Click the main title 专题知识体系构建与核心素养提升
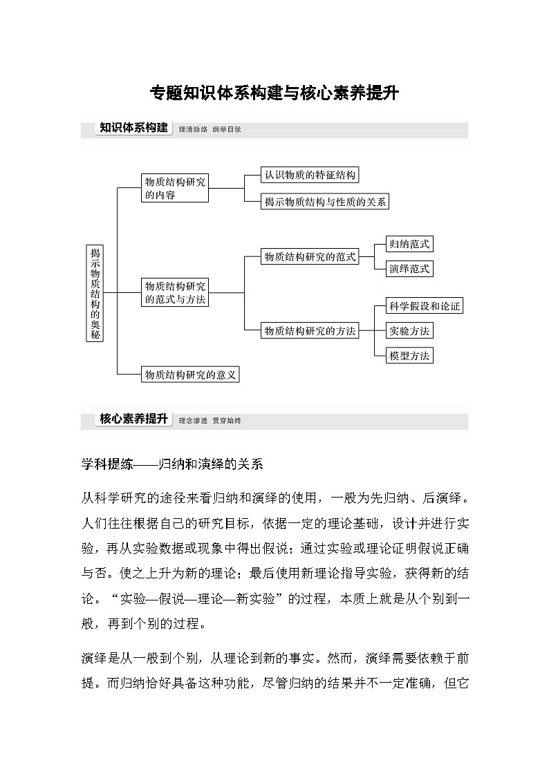(x=274, y=93)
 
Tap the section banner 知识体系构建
(x=133, y=128)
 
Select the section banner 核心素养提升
(x=133, y=419)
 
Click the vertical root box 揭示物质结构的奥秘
(x=95, y=293)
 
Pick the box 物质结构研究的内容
(x=174, y=188)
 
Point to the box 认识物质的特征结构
(x=310, y=176)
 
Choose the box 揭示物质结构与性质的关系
(x=326, y=202)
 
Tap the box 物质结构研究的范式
(x=310, y=257)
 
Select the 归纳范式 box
(x=409, y=244)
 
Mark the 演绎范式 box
(x=409, y=269)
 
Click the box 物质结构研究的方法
(x=310, y=331)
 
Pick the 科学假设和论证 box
(x=424, y=306)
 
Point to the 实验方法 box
(x=409, y=331)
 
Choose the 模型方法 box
(x=409, y=356)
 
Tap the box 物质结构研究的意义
(x=190, y=375)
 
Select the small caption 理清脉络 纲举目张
(x=210, y=129)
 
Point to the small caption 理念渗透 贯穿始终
(x=210, y=420)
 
